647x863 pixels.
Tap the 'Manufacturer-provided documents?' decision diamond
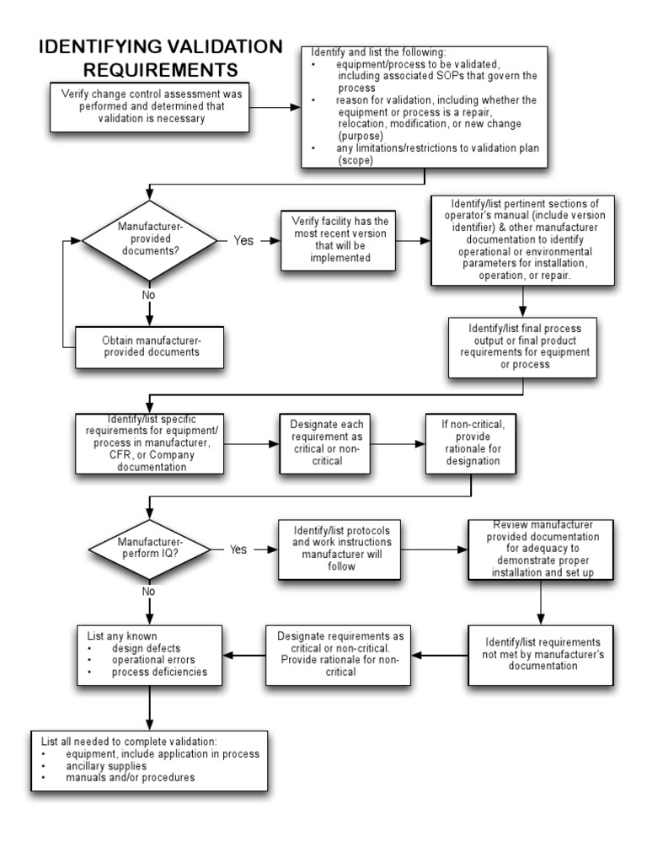pyautogui.click(x=151, y=240)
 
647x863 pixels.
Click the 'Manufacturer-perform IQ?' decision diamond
pyautogui.click(x=150, y=549)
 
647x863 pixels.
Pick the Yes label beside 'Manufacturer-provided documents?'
pyautogui.click(x=243, y=240)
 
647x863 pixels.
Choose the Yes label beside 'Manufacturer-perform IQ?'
pyautogui.click(x=238, y=549)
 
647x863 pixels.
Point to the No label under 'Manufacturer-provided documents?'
pyautogui.click(x=149, y=295)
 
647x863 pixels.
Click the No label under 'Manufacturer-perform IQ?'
pyautogui.click(x=149, y=591)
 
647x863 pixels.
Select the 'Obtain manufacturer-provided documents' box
pyautogui.click(x=151, y=346)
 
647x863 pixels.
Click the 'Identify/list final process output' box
pyautogui.click(x=524, y=345)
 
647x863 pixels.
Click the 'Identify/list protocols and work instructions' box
pyautogui.click(x=341, y=549)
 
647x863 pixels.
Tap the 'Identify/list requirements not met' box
pyautogui.click(x=543, y=654)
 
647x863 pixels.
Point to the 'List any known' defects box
pyautogui.click(x=150, y=654)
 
